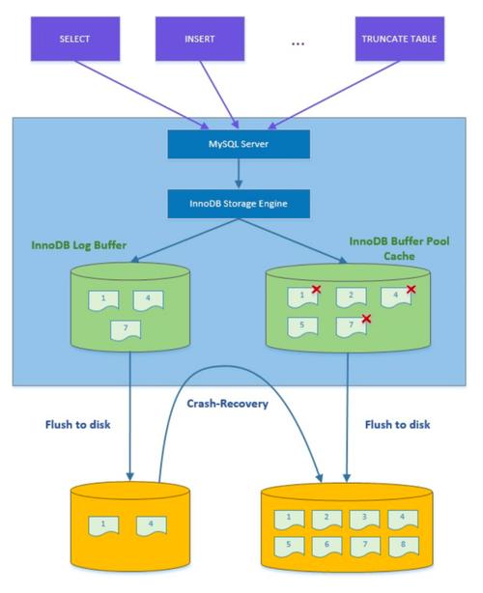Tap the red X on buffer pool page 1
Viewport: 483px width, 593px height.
[x=316, y=289]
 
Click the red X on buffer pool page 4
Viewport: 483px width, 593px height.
[x=411, y=289]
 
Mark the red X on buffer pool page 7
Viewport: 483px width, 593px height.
[x=365, y=319]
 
